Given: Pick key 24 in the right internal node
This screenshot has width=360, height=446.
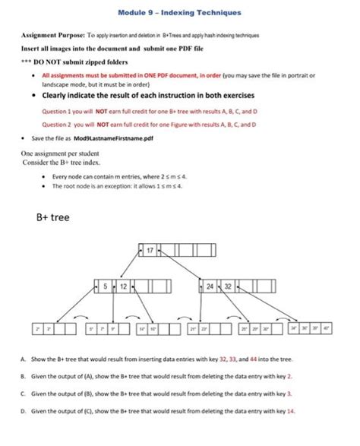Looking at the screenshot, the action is (210, 287).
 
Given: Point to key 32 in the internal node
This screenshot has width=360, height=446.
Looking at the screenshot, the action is (226, 287).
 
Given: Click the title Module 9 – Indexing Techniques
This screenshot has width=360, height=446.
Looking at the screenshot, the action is (180, 13).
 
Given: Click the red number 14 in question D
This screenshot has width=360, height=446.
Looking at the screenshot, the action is (290, 410).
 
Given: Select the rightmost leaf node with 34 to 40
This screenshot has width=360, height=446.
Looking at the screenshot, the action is (313, 330).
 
